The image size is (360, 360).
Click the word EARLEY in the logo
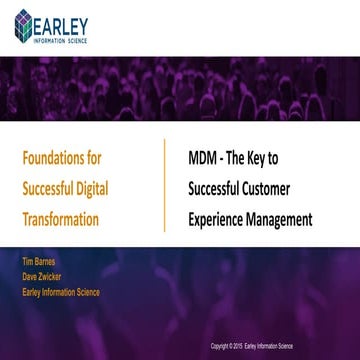[65, 20]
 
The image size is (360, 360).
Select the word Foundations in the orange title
[56, 158]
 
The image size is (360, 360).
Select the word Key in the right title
[270, 158]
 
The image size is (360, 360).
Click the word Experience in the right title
[219, 219]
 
